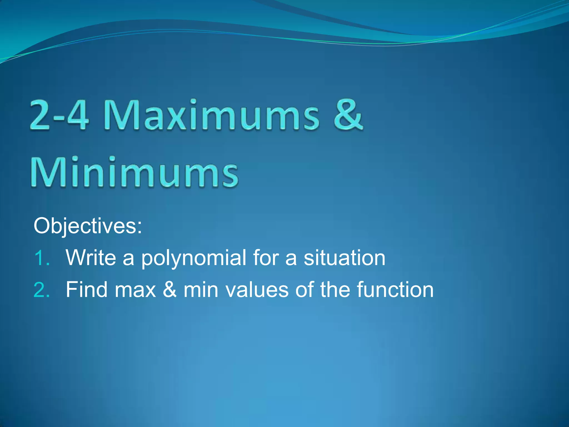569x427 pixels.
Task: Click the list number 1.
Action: [x=42, y=258]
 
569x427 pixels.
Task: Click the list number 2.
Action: [x=42, y=290]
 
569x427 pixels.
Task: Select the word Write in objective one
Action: [x=91, y=258]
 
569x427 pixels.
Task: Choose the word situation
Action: [x=344, y=258]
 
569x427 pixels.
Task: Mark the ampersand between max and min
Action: [x=169, y=290]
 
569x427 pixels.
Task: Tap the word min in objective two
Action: [x=201, y=290]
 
